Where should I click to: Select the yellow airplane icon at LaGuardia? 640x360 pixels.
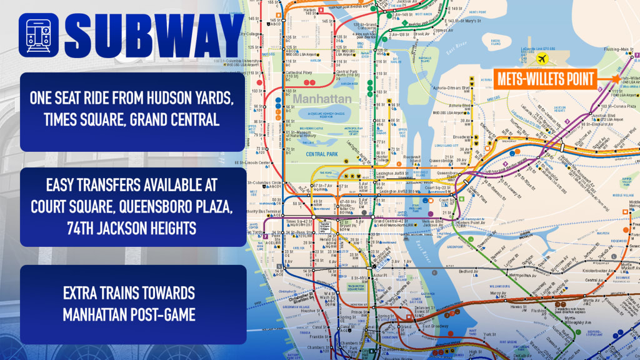coord(541,58)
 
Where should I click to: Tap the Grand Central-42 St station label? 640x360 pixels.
coord(393,222)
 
